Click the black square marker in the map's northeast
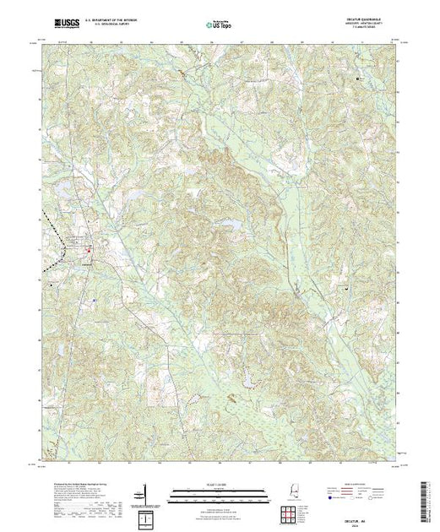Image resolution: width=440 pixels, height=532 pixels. (x=358, y=79)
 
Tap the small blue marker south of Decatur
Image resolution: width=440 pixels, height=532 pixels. (x=95, y=299)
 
